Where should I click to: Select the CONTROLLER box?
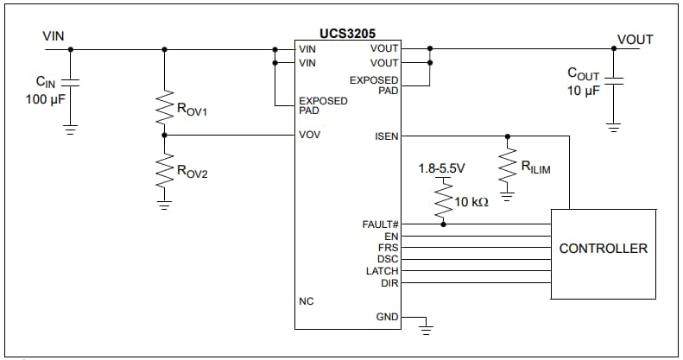[603, 249]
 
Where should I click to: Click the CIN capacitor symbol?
[71, 83]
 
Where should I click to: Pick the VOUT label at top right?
[635, 40]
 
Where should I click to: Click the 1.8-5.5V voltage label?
[440, 168]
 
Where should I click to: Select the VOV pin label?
[309, 136]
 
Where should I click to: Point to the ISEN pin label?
[386, 136]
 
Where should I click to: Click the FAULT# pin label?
[380, 224]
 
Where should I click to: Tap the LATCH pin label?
[383, 270]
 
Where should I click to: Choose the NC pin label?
[306, 301]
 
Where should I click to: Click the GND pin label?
[387, 317]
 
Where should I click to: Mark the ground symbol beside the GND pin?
[425, 327]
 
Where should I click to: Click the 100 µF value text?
[45, 98]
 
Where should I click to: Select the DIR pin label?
[389, 281]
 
